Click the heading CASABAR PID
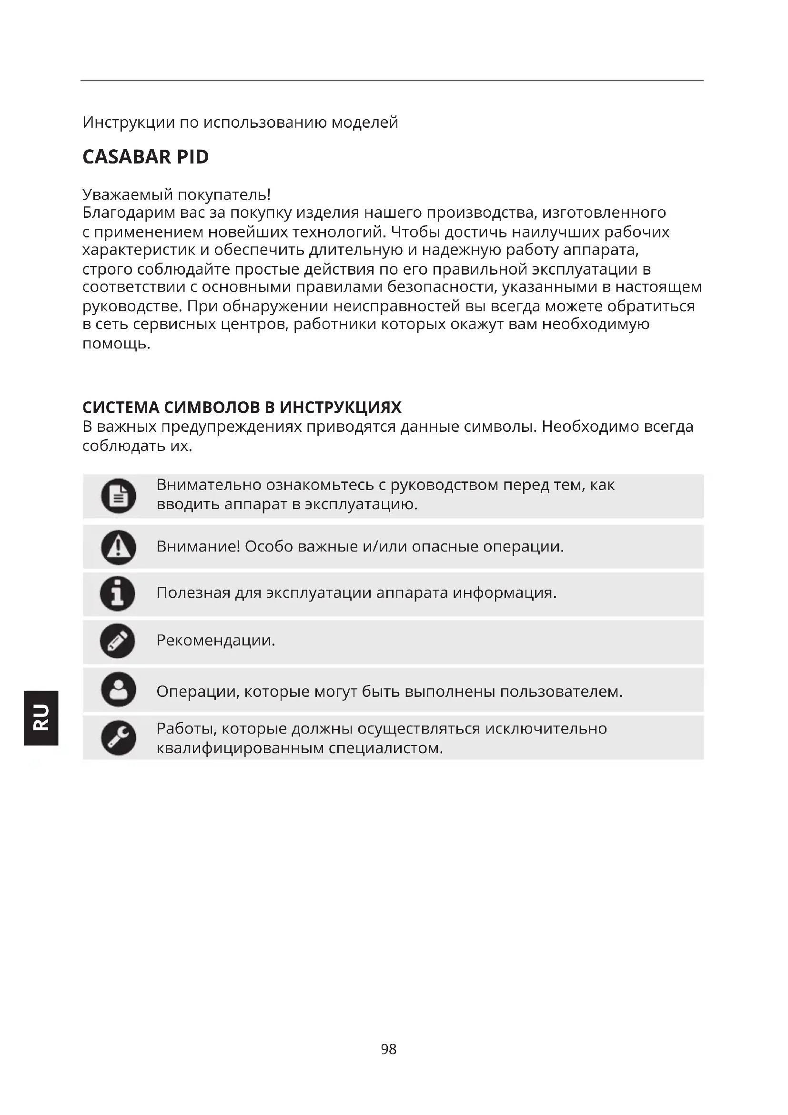pyautogui.click(x=146, y=157)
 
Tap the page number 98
pyautogui.click(x=389, y=1049)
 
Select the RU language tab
pyautogui.click(x=41, y=717)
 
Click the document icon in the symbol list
pyautogui.click(x=119, y=496)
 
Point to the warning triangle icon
pyautogui.click(x=119, y=547)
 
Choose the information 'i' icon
pyautogui.click(x=117, y=593)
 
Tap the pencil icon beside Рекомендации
pyautogui.click(x=117, y=641)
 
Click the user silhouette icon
pyautogui.click(x=119, y=689)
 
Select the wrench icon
pyautogui.click(x=119, y=737)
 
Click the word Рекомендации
pyautogui.click(x=215, y=641)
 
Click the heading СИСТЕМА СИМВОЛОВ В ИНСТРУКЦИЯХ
pyautogui.click(x=242, y=407)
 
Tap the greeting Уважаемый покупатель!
pyautogui.click(x=177, y=195)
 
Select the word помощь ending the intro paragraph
pyautogui.click(x=115, y=344)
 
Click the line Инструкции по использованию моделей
pyautogui.click(x=240, y=123)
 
